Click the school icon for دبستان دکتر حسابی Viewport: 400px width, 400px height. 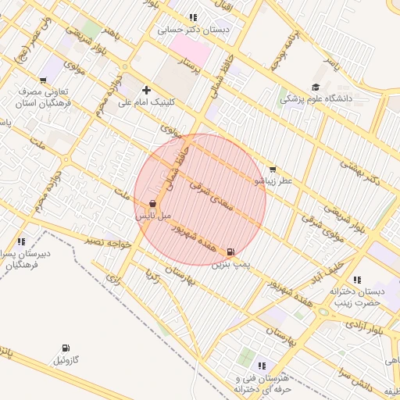coord(193,17)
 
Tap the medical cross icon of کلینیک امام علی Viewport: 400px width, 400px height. coord(146,90)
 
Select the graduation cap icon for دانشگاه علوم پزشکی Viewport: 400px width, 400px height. coord(316,87)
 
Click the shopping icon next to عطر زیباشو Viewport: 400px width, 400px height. coord(272,169)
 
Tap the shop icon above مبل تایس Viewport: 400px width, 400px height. coord(152,203)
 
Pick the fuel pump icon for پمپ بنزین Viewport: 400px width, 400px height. coord(230,252)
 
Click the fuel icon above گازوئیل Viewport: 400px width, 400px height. coord(65,348)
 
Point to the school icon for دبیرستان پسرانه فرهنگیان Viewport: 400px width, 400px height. coord(20,242)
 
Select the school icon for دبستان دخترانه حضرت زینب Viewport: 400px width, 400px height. coord(357,280)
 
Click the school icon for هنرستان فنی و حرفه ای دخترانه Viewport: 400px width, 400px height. coord(261,366)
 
